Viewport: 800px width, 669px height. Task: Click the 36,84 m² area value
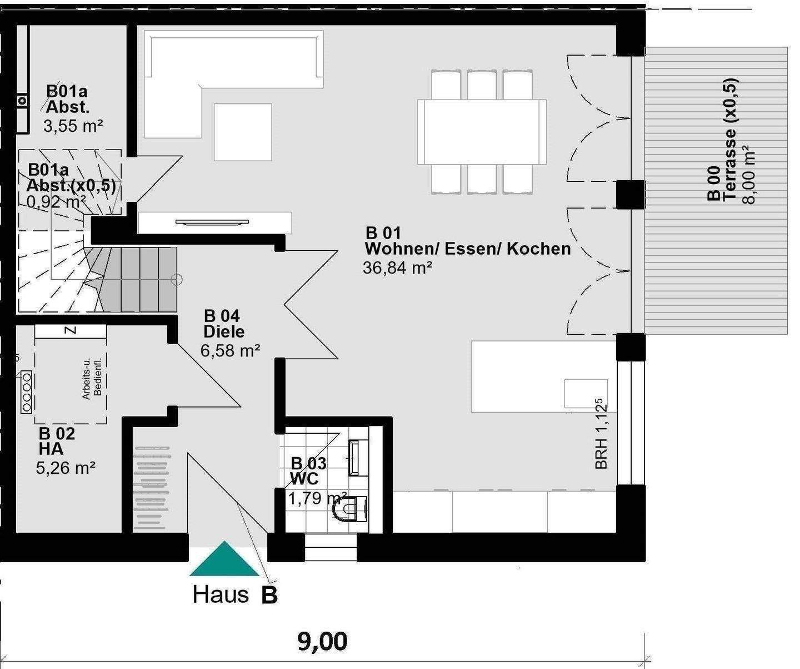point(397,267)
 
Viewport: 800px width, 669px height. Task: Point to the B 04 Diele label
point(224,324)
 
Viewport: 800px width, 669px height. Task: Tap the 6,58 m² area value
point(230,350)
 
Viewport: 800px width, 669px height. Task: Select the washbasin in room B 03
point(358,458)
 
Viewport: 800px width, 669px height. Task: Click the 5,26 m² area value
point(66,468)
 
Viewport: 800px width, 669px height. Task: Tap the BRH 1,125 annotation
point(601,434)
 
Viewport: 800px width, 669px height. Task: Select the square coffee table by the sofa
point(243,132)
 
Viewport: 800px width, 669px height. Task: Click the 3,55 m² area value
point(73,126)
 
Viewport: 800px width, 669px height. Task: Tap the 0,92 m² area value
point(56,201)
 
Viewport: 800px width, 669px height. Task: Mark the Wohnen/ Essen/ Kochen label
point(468,249)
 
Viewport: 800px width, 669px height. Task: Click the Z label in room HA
point(71,330)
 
